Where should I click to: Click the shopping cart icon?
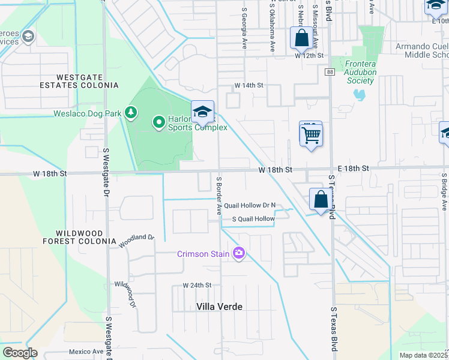[311, 134]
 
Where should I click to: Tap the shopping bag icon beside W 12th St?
[301, 38]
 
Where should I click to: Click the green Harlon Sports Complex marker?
[159, 122]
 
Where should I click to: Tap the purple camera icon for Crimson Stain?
[239, 254]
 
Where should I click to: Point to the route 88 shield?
[330, 72]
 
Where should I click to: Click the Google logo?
[20, 353]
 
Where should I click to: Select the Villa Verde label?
[220, 307]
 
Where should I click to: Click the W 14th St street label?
[249, 85]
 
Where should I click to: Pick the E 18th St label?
[352, 169]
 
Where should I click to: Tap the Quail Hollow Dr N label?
[250, 205]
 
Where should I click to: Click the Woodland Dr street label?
[137, 241]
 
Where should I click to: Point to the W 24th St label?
[197, 285]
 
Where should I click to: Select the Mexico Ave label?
[86, 352]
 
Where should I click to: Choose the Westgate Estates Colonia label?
[87, 81]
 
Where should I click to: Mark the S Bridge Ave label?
[444, 192]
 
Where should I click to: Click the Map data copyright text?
[423, 355]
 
